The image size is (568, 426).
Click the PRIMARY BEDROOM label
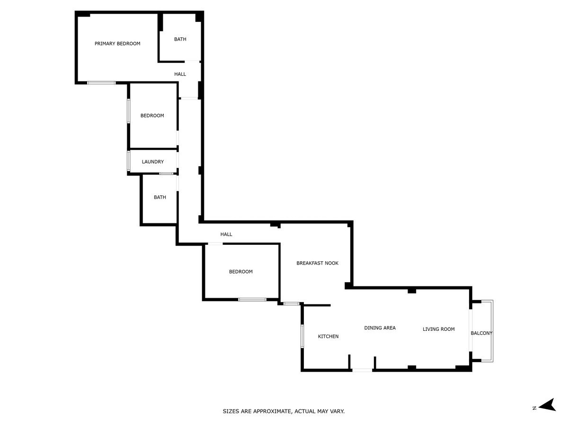pyautogui.click(x=117, y=44)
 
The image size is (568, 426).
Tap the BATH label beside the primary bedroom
pyautogui.click(x=180, y=39)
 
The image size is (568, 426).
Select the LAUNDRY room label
pyautogui.click(x=153, y=162)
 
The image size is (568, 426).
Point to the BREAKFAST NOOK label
pyautogui.click(x=317, y=263)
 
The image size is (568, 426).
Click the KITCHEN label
pyautogui.click(x=328, y=337)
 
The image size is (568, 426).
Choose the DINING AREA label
pyautogui.click(x=380, y=328)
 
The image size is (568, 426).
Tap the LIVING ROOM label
pyautogui.click(x=439, y=329)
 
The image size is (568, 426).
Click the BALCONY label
pyautogui.click(x=481, y=333)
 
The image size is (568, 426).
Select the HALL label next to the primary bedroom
pyautogui.click(x=180, y=74)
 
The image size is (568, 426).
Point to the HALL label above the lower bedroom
pyautogui.click(x=226, y=234)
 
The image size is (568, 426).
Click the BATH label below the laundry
pyautogui.click(x=160, y=197)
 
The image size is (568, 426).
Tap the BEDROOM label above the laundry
pyautogui.click(x=152, y=115)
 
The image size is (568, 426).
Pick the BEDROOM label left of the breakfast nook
pyautogui.click(x=240, y=272)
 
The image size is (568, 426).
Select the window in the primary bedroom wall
pyautogui.click(x=101, y=83)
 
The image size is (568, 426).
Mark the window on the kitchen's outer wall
pyautogui.click(x=302, y=336)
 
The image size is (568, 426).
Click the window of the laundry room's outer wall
pyautogui.click(x=129, y=161)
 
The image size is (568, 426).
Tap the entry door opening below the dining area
pyautogui.click(x=362, y=370)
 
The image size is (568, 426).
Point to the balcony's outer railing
pyautogui.click(x=492, y=331)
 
